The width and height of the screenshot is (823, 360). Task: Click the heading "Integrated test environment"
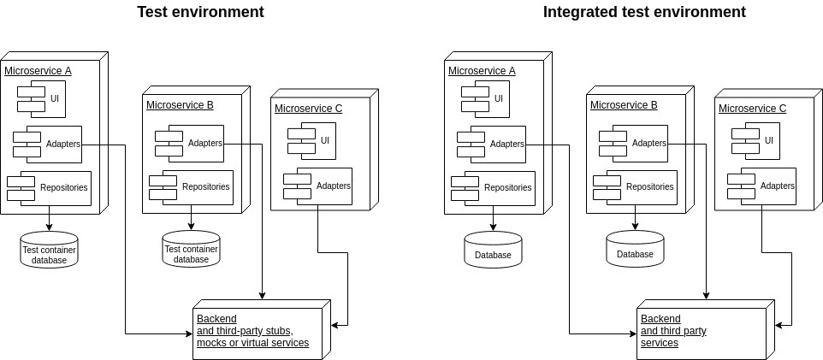pos(644,12)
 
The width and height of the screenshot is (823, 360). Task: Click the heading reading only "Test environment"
pos(200,12)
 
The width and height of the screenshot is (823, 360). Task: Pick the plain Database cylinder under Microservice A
pos(493,249)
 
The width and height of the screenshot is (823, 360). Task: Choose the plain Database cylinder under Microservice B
pos(635,249)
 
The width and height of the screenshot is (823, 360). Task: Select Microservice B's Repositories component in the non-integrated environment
pos(197,186)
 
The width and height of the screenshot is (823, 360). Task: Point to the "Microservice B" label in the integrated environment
pos(624,105)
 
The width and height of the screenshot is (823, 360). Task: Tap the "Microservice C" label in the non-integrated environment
pos(308,109)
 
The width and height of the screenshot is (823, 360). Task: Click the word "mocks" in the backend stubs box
pos(211,343)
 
